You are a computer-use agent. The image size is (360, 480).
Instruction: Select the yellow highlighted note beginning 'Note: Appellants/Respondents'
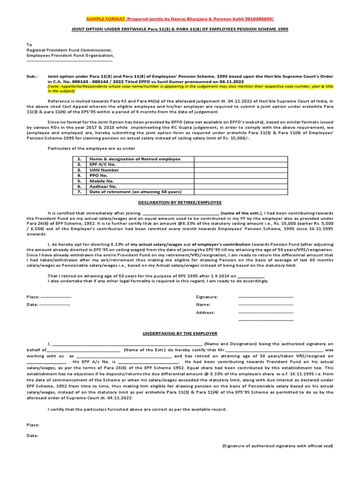[x=190, y=89]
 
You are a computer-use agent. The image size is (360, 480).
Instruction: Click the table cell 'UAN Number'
[x=104, y=170]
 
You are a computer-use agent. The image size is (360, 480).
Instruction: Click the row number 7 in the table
[x=80, y=192]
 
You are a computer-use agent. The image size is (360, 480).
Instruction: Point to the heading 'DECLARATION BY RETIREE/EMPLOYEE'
[x=180, y=202]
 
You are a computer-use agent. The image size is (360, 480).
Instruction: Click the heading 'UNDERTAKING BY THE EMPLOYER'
[x=180, y=333]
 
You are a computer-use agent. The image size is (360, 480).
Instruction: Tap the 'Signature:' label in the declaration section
[x=207, y=297]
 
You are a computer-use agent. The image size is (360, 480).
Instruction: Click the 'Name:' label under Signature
[x=203, y=305]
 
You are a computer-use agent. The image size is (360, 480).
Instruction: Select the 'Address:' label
[x=205, y=312]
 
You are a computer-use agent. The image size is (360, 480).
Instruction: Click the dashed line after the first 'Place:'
[x=56, y=297]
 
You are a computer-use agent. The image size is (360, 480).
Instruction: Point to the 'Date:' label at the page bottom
[x=32, y=435]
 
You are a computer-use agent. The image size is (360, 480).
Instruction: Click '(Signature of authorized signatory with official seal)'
[x=277, y=446]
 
